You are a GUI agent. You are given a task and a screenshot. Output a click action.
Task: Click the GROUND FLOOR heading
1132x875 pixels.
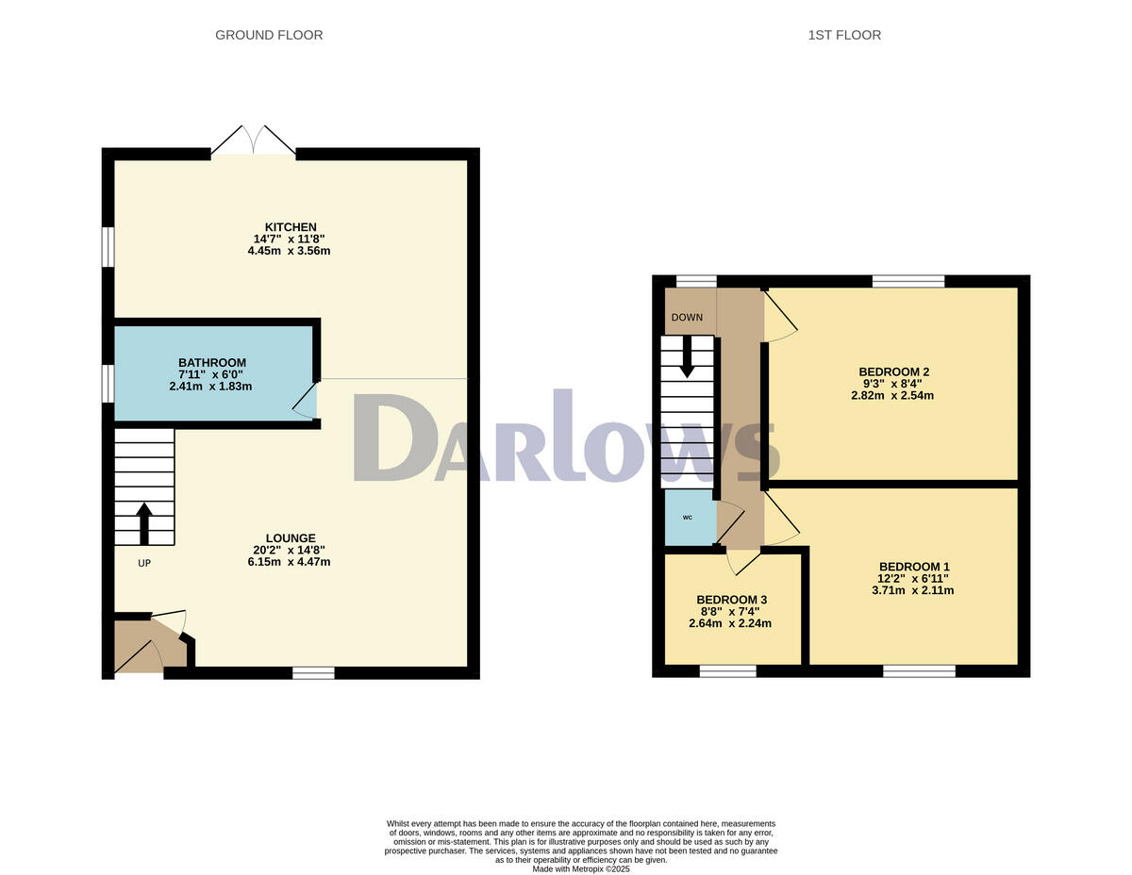[269, 35]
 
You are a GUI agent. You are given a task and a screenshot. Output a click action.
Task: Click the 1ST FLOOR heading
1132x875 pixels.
[844, 35]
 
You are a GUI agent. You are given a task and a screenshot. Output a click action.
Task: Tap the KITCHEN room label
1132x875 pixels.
[290, 227]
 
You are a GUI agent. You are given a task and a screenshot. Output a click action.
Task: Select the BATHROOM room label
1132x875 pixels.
[212, 362]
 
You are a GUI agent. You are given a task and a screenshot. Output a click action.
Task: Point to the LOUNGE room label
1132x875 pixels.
[290, 538]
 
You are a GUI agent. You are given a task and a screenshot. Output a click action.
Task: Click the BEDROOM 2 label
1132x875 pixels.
[891, 371]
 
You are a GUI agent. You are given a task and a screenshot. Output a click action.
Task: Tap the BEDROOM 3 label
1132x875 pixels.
[731, 600]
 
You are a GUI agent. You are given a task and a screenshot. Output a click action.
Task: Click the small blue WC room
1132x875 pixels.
[688, 517]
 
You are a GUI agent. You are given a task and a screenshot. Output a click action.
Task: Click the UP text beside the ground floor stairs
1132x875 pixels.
[144, 563]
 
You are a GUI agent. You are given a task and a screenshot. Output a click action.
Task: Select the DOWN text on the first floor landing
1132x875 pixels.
[687, 318]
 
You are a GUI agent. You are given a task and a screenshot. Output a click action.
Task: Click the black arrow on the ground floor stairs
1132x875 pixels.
[144, 523]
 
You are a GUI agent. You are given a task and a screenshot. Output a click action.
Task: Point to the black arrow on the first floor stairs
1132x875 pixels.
[687, 355]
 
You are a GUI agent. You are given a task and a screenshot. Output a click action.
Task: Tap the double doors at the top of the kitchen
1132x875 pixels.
[253, 140]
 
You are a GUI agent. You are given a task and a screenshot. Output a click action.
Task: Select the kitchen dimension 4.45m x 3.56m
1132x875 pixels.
[290, 251]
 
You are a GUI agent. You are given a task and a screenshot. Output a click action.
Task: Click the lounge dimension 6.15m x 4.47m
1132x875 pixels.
[290, 562]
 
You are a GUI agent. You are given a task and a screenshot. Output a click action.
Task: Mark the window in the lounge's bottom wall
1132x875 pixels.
[313, 672]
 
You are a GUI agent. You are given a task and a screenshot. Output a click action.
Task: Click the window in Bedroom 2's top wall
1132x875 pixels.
[907, 281]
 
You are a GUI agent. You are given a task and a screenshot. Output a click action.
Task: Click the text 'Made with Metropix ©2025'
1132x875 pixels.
[581, 869]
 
